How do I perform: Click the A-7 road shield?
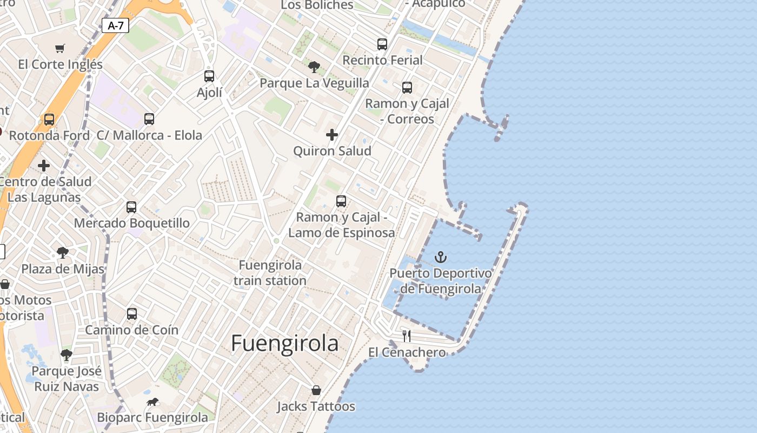click(x=115, y=25)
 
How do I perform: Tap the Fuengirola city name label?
click(x=285, y=343)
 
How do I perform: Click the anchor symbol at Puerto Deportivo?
click(x=441, y=257)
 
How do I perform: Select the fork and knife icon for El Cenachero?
click(x=407, y=336)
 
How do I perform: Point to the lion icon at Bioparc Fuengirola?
click(x=152, y=402)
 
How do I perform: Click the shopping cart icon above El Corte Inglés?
click(x=60, y=48)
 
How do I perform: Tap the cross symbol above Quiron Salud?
click(x=332, y=135)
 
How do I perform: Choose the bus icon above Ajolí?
click(x=209, y=76)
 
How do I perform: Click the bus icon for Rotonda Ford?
click(x=49, y=120)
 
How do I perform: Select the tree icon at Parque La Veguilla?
click(x=314, y=67)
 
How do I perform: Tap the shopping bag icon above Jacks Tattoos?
click(x=316, y=390)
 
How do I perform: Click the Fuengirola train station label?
click(x=270, y=273)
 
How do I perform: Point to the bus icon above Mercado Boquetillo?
click(x=131, y=207)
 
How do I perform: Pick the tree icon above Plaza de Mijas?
click(x=63, y=252)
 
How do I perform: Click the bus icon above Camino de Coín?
click(x=131, y=314)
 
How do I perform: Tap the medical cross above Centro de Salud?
click(x=44, y=166)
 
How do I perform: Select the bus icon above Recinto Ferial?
click(x=382, y=44)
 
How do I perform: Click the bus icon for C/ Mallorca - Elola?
click(x=149, y=119)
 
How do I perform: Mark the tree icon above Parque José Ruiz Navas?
click(x=67, y=355)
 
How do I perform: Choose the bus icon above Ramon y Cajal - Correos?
click(x=407, y=87)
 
